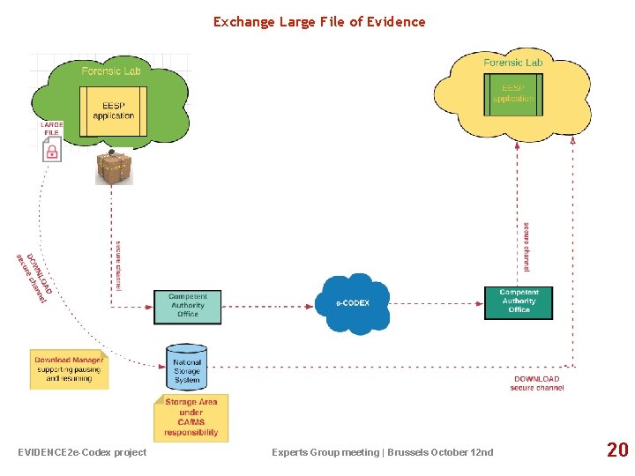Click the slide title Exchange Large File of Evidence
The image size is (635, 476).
click(318, 22)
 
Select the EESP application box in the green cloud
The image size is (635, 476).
click(114, 111)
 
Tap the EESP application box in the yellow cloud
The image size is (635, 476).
click(513, 93)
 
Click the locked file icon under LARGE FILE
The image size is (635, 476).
click(52, 150)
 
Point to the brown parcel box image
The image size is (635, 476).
click(114, 167)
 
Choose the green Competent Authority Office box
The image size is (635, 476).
click(187, 306)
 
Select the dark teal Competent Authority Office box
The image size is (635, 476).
click(519, 302)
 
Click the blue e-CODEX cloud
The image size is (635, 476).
click(353, 303)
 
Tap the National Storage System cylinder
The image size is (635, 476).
click(187, 367)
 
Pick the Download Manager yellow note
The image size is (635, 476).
click(69, 368)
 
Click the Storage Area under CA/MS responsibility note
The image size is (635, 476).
click(191, 417)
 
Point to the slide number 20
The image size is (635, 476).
click(617, 450)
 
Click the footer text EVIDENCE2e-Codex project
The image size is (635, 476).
click(82, 452)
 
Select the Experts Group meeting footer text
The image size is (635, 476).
click(383, 452)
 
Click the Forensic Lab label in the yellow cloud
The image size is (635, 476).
click(513, 63)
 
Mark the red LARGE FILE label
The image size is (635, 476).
click(51, 129)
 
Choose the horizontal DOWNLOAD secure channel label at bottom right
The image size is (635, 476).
click(536, 383)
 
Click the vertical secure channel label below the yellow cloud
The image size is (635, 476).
click(527, 246)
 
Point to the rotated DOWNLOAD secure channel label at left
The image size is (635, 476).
click(34, 279)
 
